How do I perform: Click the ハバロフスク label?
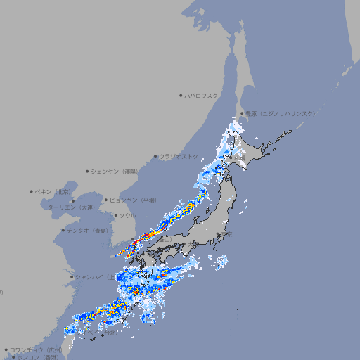[202, 96]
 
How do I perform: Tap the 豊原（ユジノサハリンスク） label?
[279, 113]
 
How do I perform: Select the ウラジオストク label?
[179, 157]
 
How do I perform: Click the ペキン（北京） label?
[54, 191]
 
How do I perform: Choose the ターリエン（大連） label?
[71, 207]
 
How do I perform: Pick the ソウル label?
[127, 215]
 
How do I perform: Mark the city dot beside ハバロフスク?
[181, 96]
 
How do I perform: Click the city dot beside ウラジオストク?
[155, 157]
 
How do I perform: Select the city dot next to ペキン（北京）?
[32, 191]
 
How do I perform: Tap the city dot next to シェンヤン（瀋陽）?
[87, 172]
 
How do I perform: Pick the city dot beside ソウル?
[115, 215]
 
